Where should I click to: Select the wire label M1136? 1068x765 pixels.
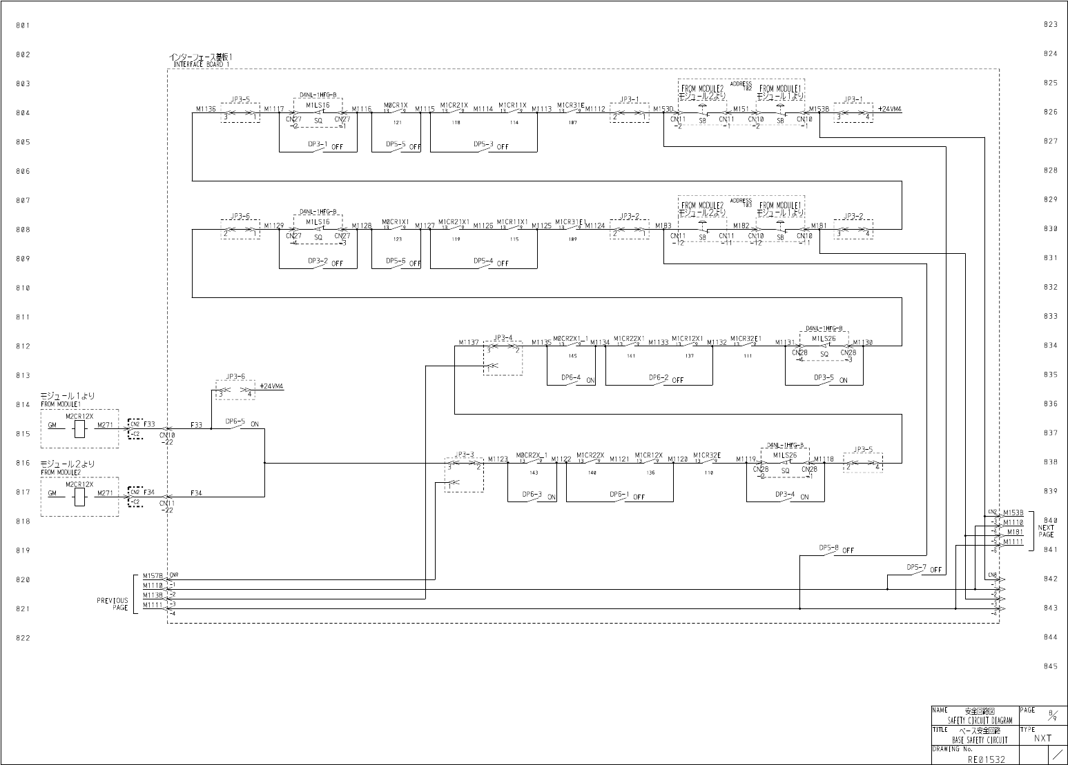click(205, 109)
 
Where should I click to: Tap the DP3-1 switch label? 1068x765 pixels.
click(318, 145)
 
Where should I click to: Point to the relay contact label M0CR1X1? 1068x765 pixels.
click(396, 222)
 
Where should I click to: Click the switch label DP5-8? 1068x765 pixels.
click(828, 548)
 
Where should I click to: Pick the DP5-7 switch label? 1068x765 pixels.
click(916, 567)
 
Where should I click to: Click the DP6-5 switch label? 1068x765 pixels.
click(235, 421)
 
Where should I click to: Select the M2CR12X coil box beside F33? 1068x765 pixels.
click(79, 429)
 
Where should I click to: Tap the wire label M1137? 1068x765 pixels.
click(469, 342)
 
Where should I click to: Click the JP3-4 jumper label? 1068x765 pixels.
click(503, 338)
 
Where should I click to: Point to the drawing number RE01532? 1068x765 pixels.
click(987, 759)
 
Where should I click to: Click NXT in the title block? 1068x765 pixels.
click(1042, 738)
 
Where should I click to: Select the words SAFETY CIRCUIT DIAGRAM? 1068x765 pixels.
click(980, 720)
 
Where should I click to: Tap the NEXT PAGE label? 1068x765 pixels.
click(1046, 531)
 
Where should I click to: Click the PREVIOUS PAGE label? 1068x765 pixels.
click(113, 604)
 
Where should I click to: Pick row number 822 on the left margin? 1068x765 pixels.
click(23, 638)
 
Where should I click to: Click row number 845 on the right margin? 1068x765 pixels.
click(1050, 666)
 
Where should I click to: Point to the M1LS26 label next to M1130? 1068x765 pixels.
click(824, 339)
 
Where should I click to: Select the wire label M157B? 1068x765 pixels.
click(153, 575)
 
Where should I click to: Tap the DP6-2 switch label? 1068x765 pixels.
click(659, 378)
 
